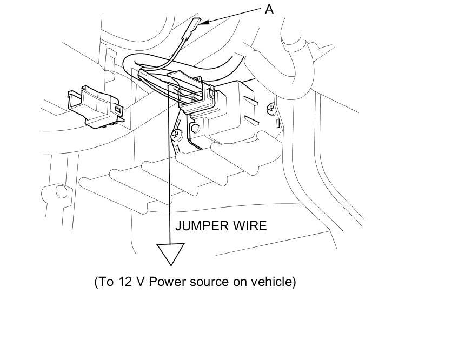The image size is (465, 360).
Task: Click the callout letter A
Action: click(x=269, y=9)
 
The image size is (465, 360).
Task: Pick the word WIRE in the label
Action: click(x=249, y=226)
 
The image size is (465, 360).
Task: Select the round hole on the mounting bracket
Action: click(x=196, y=129)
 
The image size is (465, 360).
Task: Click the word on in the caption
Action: click(x=241, y=282)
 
